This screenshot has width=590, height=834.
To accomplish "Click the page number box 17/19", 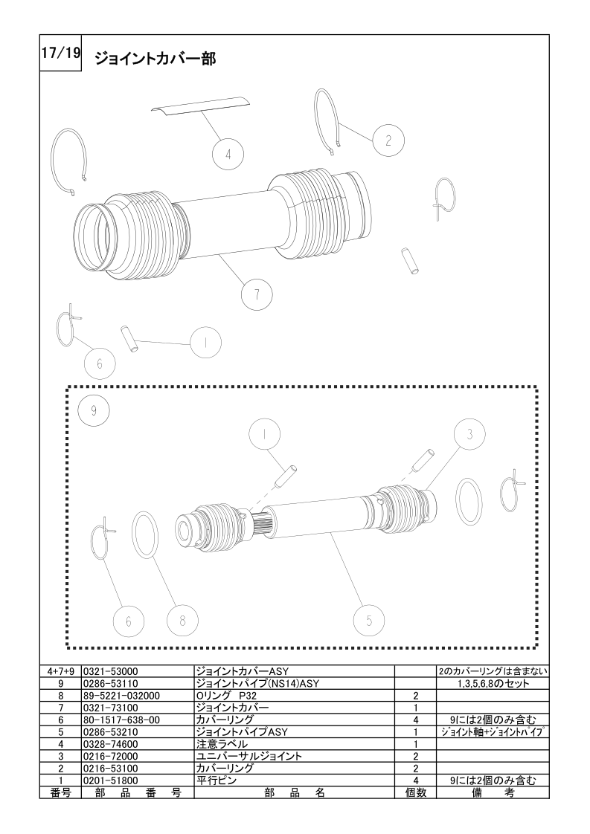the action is tap(60, 54).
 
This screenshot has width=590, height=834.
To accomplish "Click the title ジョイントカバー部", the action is tap(155, 58).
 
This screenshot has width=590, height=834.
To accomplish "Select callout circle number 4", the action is tap(228, 155).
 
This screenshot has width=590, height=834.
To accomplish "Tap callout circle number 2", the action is tap(388, 140).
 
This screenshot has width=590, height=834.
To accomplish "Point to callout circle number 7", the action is tap(257, 294).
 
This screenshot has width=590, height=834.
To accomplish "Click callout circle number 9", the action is tap(94, 410).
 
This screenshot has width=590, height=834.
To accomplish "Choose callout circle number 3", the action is tap(469, 434).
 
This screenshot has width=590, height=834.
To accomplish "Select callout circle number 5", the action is tap(369, 620).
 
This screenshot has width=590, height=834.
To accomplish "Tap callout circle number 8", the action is tap(182, 620).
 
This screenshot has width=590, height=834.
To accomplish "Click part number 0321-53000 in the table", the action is tap(110, 671).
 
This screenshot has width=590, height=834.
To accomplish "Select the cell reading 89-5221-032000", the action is tap(121, 696).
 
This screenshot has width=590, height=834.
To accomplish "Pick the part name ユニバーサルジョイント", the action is tap(249, 757).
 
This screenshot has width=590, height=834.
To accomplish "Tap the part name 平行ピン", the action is tap(217, 780).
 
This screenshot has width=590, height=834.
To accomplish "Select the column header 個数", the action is tap(416, 793).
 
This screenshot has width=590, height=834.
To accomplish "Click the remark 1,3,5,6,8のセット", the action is tap(493, 683).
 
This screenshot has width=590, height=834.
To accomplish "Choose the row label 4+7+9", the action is tap(60, 671).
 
